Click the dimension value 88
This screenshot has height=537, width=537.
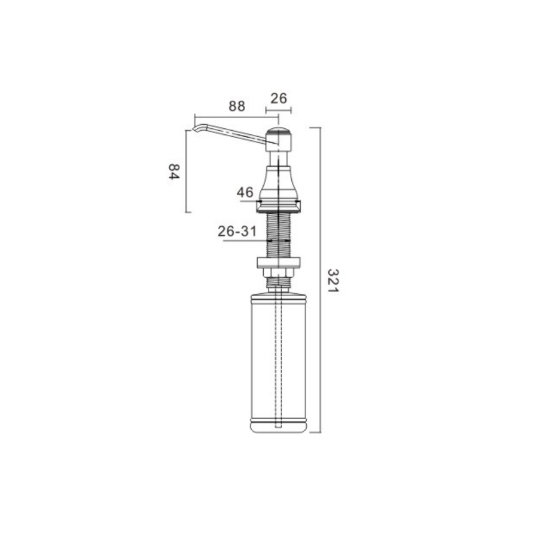[237, 106]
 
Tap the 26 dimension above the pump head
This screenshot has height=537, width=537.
[279, 99]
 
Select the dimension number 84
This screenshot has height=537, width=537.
[174, 172]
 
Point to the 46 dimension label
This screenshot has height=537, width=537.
[245, 192]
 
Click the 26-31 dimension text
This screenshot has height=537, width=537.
[237, 232]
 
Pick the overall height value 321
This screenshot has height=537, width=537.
[333, 281]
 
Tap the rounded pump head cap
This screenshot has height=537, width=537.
[279, 131]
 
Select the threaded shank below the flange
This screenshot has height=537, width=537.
[279, 234]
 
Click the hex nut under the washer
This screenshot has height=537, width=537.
[279, 273]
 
